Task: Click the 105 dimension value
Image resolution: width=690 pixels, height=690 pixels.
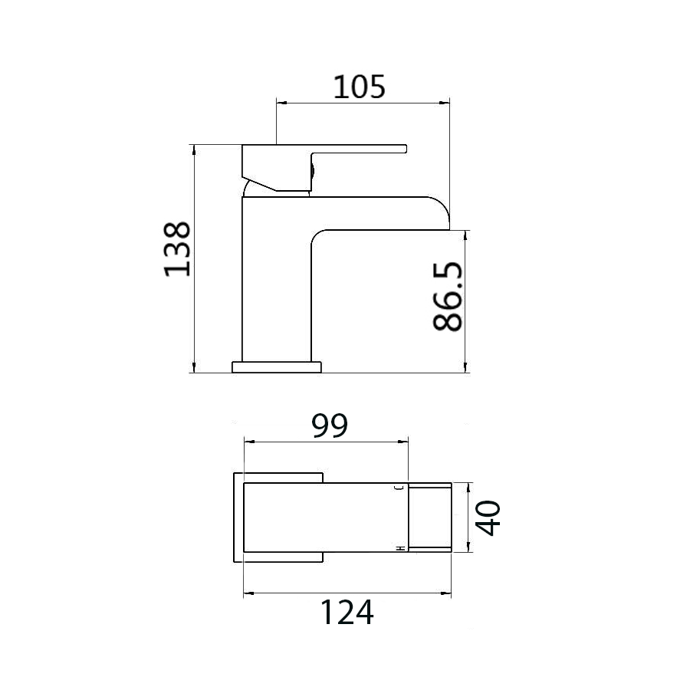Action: pyautogui.click(x=359, y=87)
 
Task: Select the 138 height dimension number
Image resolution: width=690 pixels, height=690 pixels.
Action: pyautogui.click(x=177, y=248)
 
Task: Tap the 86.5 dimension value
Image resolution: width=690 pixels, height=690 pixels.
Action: pyautogui.click(x=448, y=296)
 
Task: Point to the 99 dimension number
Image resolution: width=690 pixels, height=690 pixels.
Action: pyautogui.click(x=330, y=426)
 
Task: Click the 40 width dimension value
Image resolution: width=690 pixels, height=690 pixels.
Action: pyautogui.click(x=489, y=517)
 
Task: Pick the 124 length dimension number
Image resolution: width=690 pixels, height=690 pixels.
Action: pyautogui.click(x=347, y=612)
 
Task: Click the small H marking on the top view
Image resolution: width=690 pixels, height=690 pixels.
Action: pyautogui.click(x=400, y=548)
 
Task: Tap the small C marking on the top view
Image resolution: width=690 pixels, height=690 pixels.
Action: pyautogui.click(x=400, y=487)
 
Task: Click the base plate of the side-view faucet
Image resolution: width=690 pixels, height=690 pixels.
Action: pyautogui.click(x=277, y=367)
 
